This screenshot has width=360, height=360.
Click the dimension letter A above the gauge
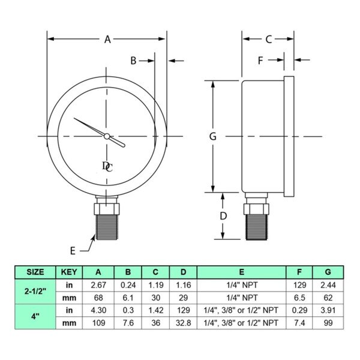click(107, 40)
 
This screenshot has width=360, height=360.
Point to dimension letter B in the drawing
click(134, 60)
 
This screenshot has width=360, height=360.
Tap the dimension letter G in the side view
click(212, 136)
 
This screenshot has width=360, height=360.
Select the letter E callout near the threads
click(73, 250)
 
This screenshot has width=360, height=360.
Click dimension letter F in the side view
click(260, 60)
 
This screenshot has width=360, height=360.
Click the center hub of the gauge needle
click(107, 136)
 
